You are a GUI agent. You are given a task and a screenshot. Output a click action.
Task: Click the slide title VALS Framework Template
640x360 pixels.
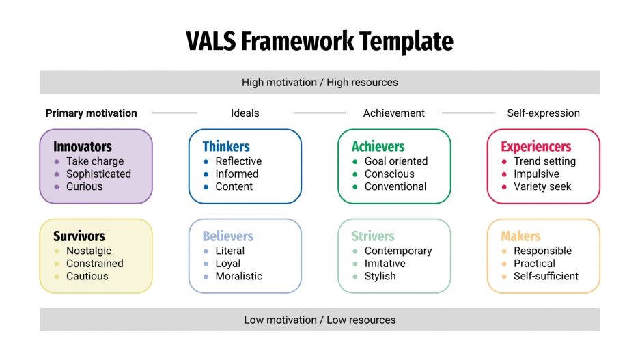(x=320, y=41)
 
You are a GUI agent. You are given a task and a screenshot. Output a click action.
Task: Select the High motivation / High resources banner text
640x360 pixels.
(x=320, y=82)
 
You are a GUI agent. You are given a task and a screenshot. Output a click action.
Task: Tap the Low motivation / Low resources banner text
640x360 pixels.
(x=320, y=320)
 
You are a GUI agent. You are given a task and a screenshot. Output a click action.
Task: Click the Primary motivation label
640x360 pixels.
(x=92, y=113)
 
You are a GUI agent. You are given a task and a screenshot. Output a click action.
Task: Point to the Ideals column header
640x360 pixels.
(x=245, y=113)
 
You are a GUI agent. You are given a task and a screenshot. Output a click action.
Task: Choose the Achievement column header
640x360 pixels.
(x=394, y=113)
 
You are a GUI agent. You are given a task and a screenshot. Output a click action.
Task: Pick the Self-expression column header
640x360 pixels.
(x=543, y=113)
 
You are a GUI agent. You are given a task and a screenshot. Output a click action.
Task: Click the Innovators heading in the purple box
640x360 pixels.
(x=83, y=146)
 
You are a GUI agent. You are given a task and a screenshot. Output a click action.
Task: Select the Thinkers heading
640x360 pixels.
(x=226, y=146)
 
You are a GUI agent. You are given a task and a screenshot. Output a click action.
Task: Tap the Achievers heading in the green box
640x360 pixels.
(x=378, y=146)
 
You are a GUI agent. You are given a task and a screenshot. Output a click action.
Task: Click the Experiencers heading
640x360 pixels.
(x=535, y=146)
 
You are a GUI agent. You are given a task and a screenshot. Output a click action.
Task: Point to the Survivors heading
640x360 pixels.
(x=79, y=236)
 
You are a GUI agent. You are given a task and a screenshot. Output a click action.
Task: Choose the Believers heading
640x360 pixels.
(x=227, y=236)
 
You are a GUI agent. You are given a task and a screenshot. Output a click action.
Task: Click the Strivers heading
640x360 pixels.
(x=373, y=236)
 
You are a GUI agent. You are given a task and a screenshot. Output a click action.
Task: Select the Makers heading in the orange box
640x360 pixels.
(x=520, y=236)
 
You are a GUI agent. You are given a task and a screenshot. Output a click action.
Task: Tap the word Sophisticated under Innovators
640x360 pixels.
(x=98, y=174)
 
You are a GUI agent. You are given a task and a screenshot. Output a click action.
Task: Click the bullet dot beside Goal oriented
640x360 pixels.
(x=355, y=161)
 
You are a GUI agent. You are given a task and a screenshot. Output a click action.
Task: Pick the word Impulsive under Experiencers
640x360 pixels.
(x=537, y=174)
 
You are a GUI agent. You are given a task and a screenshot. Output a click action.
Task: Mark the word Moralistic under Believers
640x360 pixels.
(x=238, y=276)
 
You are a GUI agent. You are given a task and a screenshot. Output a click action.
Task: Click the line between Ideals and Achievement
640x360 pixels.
(x=319, y=113)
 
